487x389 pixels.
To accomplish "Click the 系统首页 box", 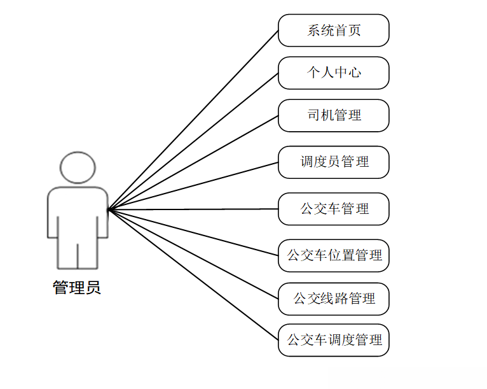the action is pyautogui.click(x=333, y=31).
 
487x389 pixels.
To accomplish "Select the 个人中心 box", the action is pyautogui.click(x=333, y=73).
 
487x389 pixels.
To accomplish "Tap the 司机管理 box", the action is pyautogui.click(x=333, y=115).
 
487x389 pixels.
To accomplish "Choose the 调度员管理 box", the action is pyautogui.click(x=333, y=162).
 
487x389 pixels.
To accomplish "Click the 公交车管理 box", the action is pyautogui.click(x=333, y=209).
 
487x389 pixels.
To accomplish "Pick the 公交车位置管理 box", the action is pyautogui.click(x=333, y=255).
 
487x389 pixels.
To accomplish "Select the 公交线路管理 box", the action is pyautogui.click(x=333, y=298).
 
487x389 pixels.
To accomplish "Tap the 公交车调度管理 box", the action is pyautogui.click(x=333, y=340).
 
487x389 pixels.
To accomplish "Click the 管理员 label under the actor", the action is pyautogui.click(x=77, y=288).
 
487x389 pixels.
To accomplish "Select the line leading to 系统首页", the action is pyautogui.click(x=193, y=120).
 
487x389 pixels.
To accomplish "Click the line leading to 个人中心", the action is pyautogui.click(x=193, y=141).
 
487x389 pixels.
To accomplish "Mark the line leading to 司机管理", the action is pyautogui.click(x=193, y=162).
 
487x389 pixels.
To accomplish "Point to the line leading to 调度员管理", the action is pyautogui.click(x=193, y=185).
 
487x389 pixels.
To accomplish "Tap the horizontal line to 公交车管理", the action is pyautogui.click(x=193, y=209).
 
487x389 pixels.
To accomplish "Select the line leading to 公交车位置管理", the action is pyautogui.click(x=193, y=232).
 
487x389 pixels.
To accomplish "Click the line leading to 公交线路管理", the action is pyautogui.click(x=193, y=253).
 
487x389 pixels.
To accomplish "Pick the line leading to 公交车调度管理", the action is pyautogui.click(x=193, y=274).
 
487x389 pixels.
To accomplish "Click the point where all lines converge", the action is pyautogui.click(x=108, y=209).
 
